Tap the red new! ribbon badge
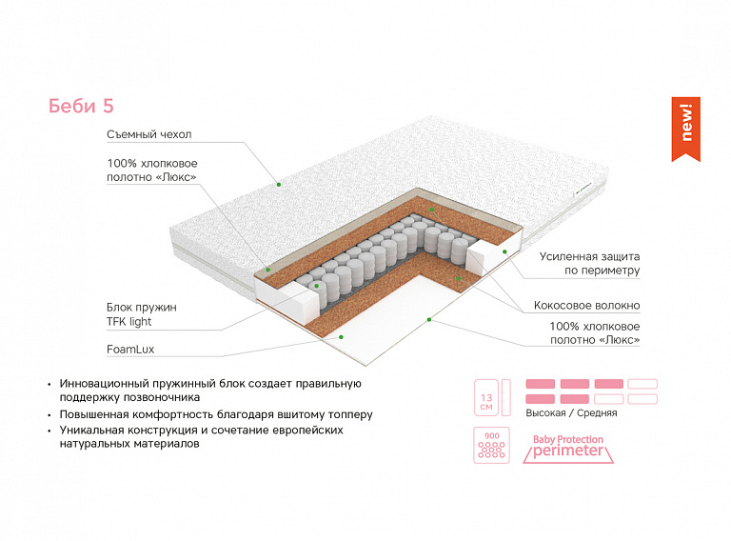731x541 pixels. coord(686,127)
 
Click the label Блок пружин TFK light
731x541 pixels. coord(142,314)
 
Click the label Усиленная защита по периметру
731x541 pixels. coord(589,264)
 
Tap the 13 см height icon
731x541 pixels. coord(486,397)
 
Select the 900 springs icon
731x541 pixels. coord(491,445)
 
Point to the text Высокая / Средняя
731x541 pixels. coord(571,413)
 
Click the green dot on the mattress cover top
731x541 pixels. coord(279,183)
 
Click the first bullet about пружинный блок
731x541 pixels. coord(209,390)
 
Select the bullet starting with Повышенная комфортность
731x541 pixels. coord(215,415)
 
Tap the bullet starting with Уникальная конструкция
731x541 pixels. coord(201,437)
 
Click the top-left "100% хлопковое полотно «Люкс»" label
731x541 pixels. coord(151,170)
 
